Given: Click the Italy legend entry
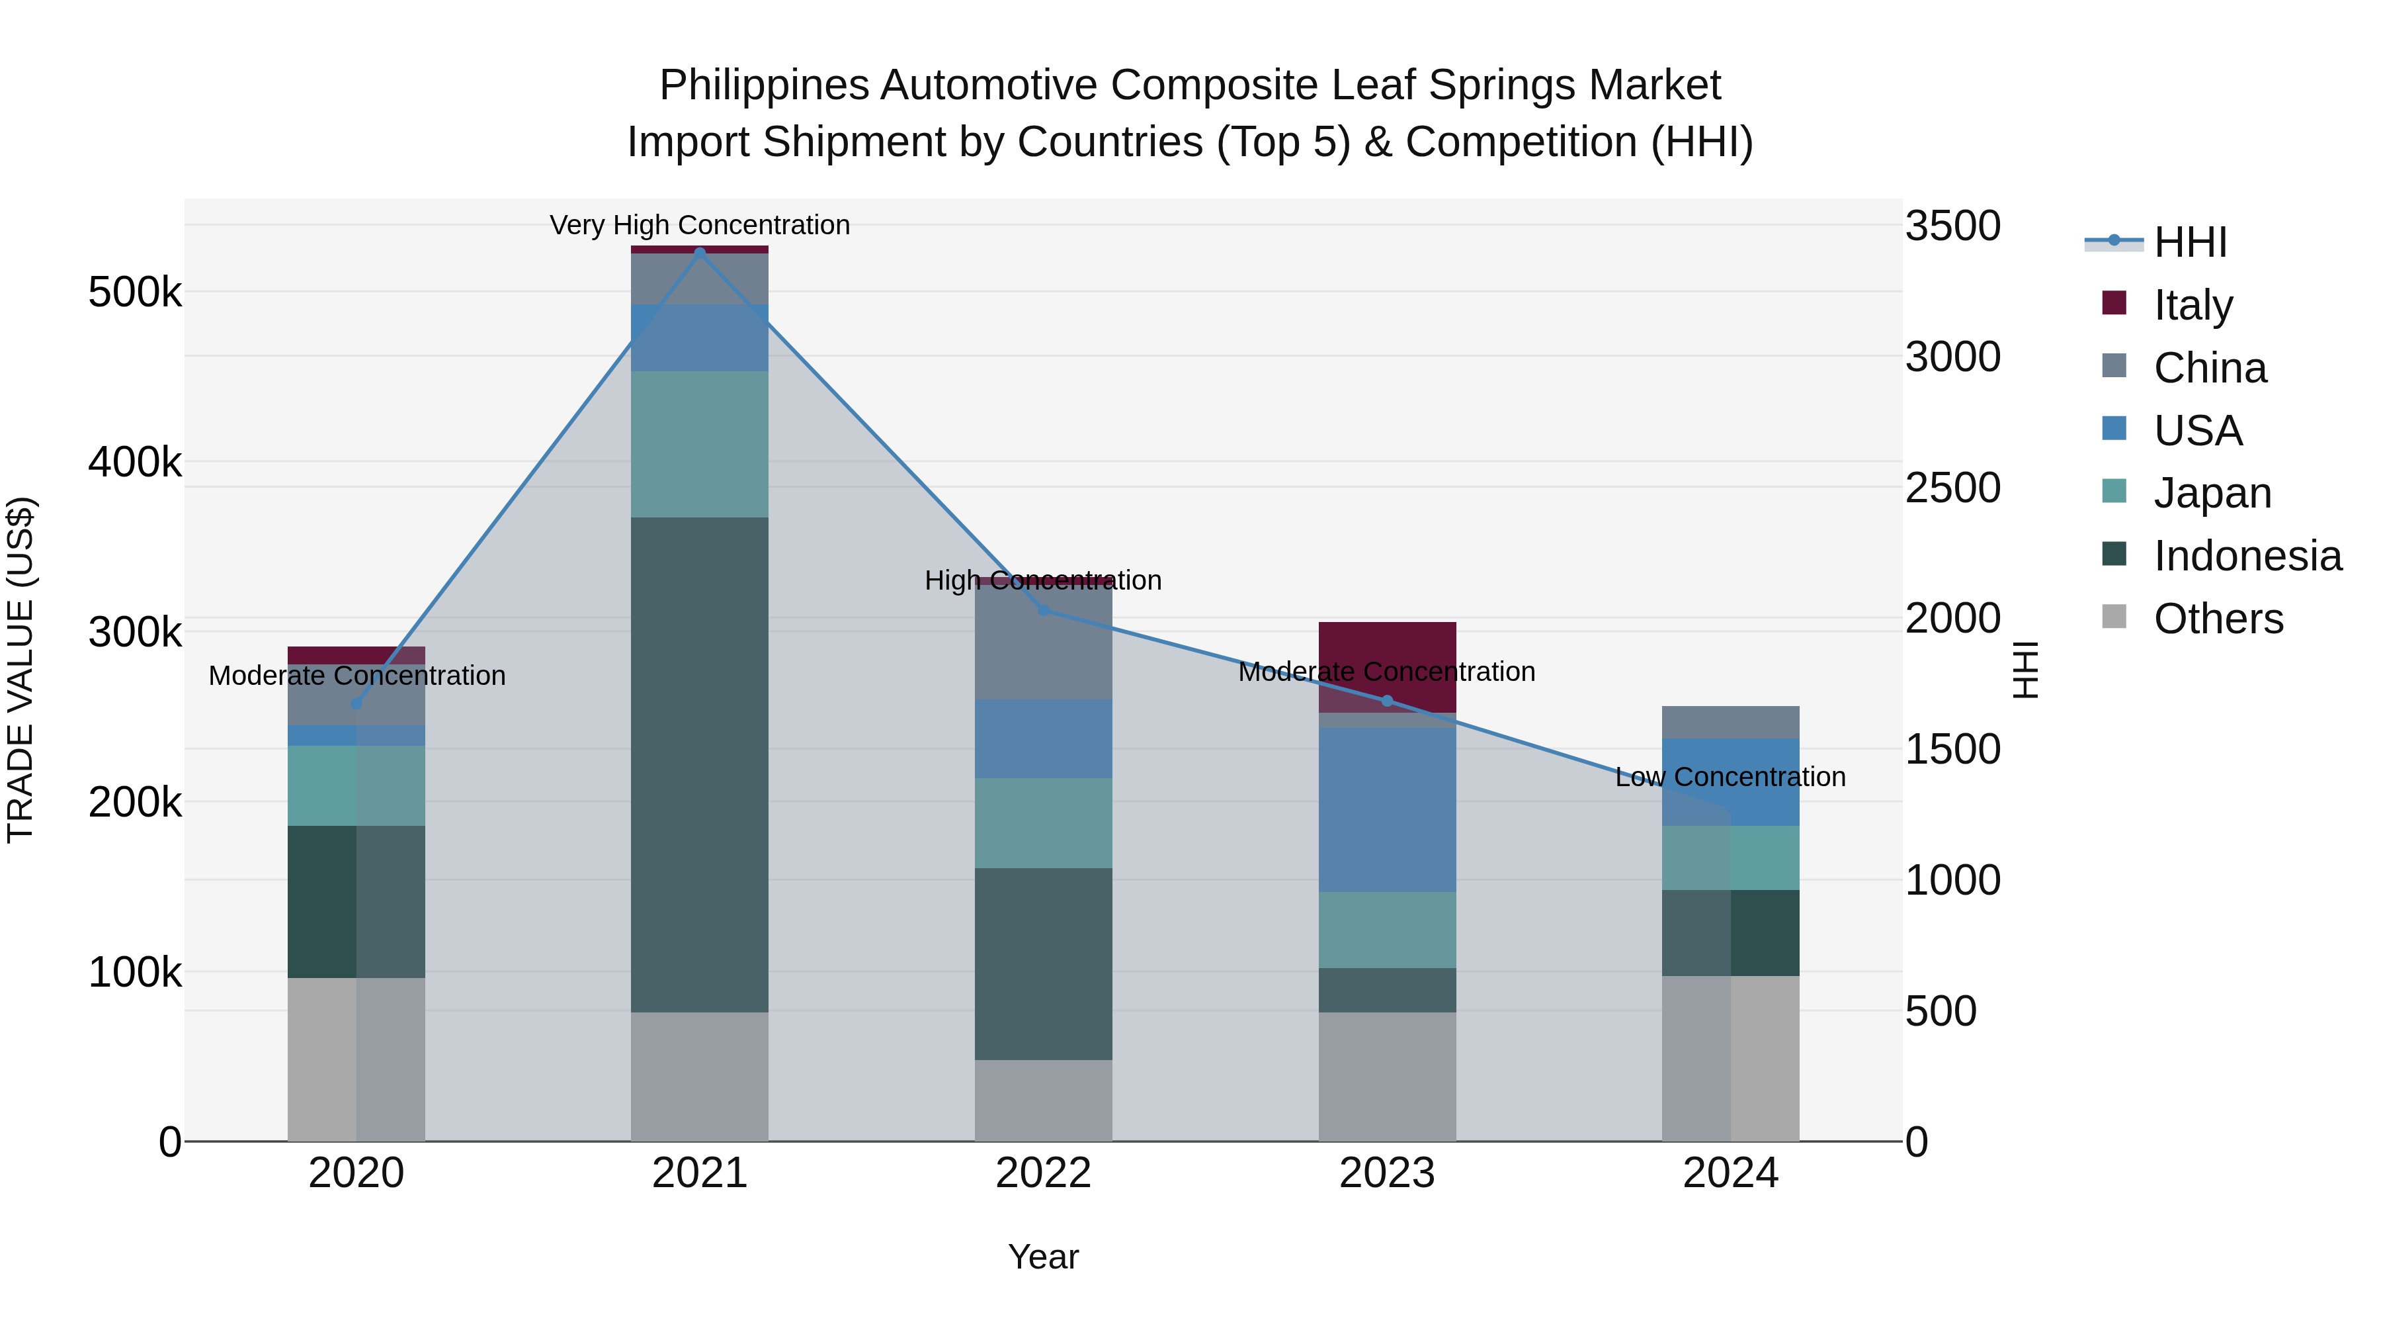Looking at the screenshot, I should pos(2192,304).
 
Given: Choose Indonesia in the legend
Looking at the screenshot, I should pos(2246,556).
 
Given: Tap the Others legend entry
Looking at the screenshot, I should pos(2218,619).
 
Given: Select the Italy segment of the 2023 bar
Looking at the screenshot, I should pos(1386,647).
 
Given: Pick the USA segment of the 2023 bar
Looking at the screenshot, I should pos(1386,809).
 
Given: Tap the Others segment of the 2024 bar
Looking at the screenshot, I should pos(1730,1058).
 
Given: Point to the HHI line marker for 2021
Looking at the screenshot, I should pos(700,253).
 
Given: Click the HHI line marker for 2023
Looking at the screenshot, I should pos(1386,701).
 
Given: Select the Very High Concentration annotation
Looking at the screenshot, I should pos(700,226).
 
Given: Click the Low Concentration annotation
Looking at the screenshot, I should pos(1730,777).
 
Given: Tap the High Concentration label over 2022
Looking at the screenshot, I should pos(1044,581).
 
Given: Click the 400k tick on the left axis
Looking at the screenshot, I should pos(135,463).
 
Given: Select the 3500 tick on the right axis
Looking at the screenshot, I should pos(1952,226).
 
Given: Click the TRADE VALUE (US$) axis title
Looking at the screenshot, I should pos(21,670).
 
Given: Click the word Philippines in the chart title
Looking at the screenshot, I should pos(763,85).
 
